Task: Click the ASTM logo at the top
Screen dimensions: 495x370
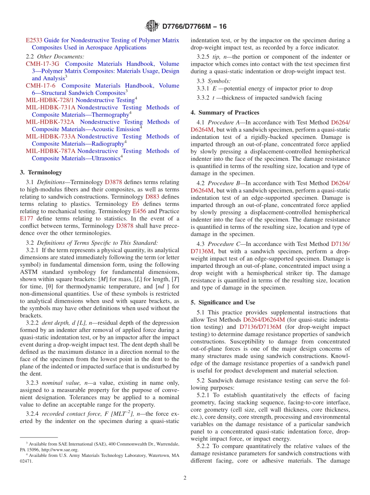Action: tap(152, 26)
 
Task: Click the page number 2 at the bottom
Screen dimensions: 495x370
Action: tap(185, 478)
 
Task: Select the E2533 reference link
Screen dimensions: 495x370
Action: tap(34, 40)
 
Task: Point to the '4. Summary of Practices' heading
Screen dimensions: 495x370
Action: tap(225, 112)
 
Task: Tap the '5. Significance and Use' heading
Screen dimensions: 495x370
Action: tap(223, 302)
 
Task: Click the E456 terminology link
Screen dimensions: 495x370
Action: tap(140, 211)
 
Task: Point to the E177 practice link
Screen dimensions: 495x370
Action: tap(26, 219)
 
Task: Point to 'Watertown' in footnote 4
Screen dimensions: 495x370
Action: tap(158, 455)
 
